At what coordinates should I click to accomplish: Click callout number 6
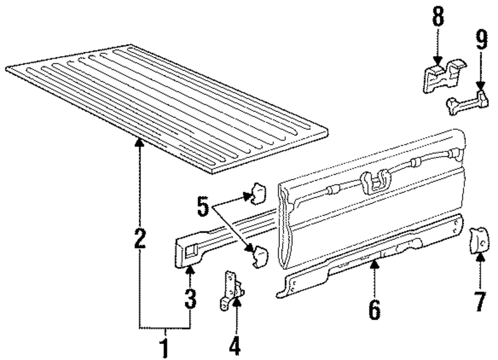pyautogui.click(x=374, y=309)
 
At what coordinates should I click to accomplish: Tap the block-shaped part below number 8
pyautogui.click(x=441, y=76)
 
